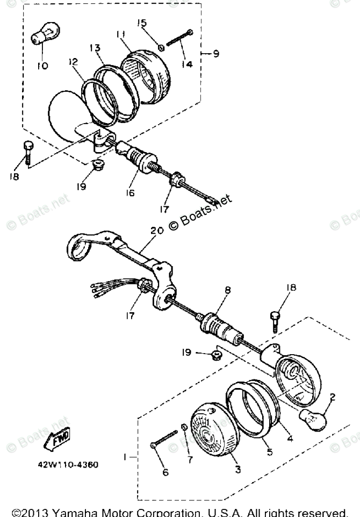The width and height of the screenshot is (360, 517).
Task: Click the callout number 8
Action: (228, 290)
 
